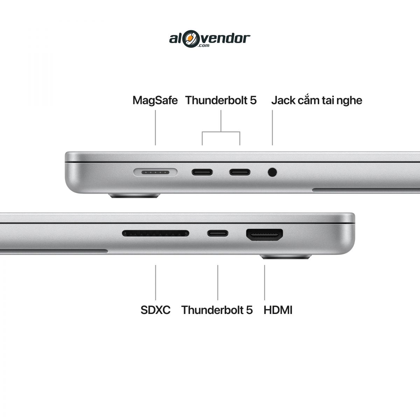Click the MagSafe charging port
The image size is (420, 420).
click(x=155, y=172)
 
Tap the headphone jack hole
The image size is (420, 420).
click(x=272, y=172)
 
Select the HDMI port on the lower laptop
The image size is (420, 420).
click(x=264, y=235)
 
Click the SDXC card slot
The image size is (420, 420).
click(x=156, y=233)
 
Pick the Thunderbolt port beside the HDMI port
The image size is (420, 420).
click(x=217, y=233)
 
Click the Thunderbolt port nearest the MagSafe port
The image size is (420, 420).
click(x=202, y=172)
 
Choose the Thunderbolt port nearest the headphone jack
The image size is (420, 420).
click(x=240, y=172)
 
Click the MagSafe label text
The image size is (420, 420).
click(x=155, y=100)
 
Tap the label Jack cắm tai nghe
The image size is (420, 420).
click(x=317, y=100)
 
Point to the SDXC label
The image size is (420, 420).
click(x=155, y=310)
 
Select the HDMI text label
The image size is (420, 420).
click(x=278, y=310)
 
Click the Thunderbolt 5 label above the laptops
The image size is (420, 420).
click(x=221, y=100)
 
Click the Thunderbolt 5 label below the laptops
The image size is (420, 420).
click(x=217, y=310)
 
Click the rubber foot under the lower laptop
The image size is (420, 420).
click(x=286, y=257)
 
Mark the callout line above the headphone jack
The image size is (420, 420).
click(x=272, y=127)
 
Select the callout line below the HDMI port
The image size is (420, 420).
click(x=265, y=282)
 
